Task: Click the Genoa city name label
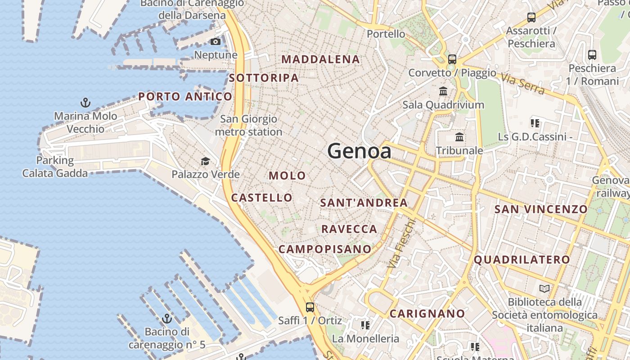pyautogui.click(x=359, y=151)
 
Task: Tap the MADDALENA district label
pyautogui.click(x=320, y=59)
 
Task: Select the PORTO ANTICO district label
pyautogui.click(x=185, y=96)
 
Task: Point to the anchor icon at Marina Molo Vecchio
pyautogui.click(x=85, y=103)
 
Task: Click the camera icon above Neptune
pyautogui.click(x=216, y=42)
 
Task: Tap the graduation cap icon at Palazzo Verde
pyautogui.click(x=205, y=161)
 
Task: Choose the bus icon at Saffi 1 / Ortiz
pyautogui.click(x=310, y=307)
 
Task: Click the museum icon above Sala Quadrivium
pyautogui.click(x=443, y=91)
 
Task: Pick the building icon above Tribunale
pyautogui.click(x=459, y=137)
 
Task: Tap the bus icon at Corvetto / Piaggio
pyautogui.click(x=452, y=59)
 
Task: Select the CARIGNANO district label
pyautogui.click(x=427, y=314)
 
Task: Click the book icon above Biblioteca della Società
pyautogui.click(x=544, y=288)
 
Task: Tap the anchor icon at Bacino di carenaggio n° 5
pyautogui.click(x=167, y=319)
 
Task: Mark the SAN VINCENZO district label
pyautogui.click(x=541, y=209)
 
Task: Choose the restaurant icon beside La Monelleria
pyautogui.click(x=365, y=325)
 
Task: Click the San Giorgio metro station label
pyautogui.click(x=248, y=126)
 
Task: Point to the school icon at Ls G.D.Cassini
pyautogui.click(x=535, y=123)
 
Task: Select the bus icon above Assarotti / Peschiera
pyautogui.click(x=531, y=18)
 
